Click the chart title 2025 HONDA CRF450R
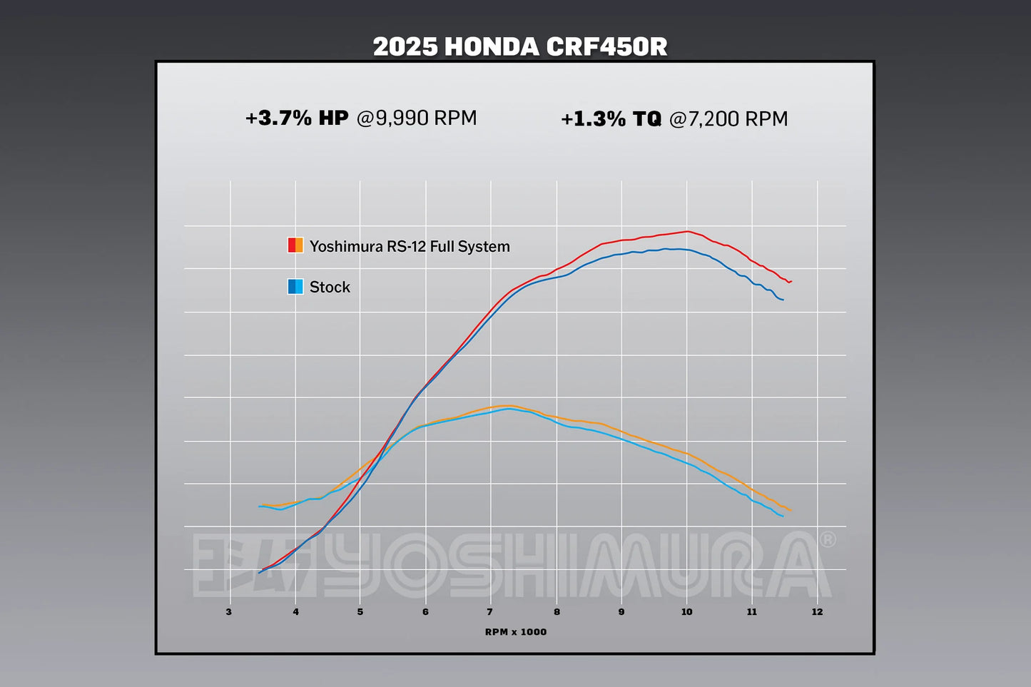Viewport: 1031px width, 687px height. click(x=520, y=47)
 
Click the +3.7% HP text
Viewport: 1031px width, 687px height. click(x=297, y=118)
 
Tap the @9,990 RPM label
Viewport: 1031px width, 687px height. click(x=417, y=118)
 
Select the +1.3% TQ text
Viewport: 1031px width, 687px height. click(x=611, y=118)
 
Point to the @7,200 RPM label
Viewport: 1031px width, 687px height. click(x=728, y=118)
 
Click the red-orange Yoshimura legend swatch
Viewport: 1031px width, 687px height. click(x=295, y=245)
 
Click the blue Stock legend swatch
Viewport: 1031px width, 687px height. click(x=295, y=287)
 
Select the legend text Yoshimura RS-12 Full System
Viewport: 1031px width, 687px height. click(x=410, y=246)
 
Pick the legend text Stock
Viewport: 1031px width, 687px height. click(x=330, y=287)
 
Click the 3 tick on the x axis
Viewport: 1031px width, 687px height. click(x=229, y=611)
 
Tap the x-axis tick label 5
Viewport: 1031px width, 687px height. click(x=360, y=611)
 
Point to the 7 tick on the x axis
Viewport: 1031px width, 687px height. click(x=490, y=611)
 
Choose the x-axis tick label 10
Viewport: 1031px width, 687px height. click(x=686, y=611)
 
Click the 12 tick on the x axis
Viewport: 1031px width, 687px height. click(x=817, y=611)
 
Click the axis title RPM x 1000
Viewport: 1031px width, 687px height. click(x=515, y=632)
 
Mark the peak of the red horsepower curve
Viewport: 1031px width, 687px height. click(x=687, y=231)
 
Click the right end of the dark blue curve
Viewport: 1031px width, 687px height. click(x=783, y=300)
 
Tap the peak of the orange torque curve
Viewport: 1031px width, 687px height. click(x=509, y=405)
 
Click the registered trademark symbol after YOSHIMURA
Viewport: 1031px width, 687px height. click(x=828, y=540)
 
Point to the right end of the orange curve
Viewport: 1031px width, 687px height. click(x=791, y=511)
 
